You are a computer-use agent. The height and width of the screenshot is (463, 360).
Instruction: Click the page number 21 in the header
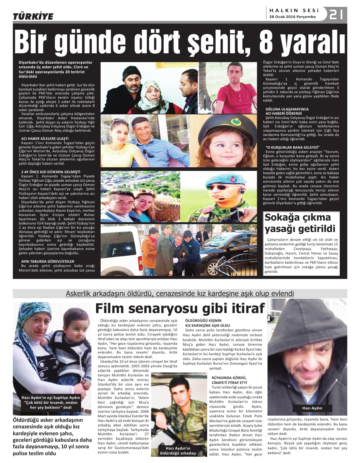tap(336, 15)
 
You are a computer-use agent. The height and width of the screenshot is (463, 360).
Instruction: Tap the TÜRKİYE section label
tap(33, 16)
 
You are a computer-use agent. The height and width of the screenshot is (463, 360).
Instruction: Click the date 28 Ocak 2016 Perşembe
tap(292, 17)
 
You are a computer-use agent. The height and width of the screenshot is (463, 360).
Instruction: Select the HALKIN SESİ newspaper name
tap(294, 10)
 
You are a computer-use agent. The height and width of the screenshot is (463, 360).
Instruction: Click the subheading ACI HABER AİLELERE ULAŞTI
tap(45, 139)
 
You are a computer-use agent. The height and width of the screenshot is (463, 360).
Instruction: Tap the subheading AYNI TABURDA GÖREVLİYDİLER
tap(48, 261)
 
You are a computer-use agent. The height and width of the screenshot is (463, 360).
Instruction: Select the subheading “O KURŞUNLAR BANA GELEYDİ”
tap(292, 147)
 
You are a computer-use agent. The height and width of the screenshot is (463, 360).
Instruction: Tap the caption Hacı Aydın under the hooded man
tap(312, 408)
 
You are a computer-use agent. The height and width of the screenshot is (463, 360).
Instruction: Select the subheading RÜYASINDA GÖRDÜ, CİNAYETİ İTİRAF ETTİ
tap(229, 380)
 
